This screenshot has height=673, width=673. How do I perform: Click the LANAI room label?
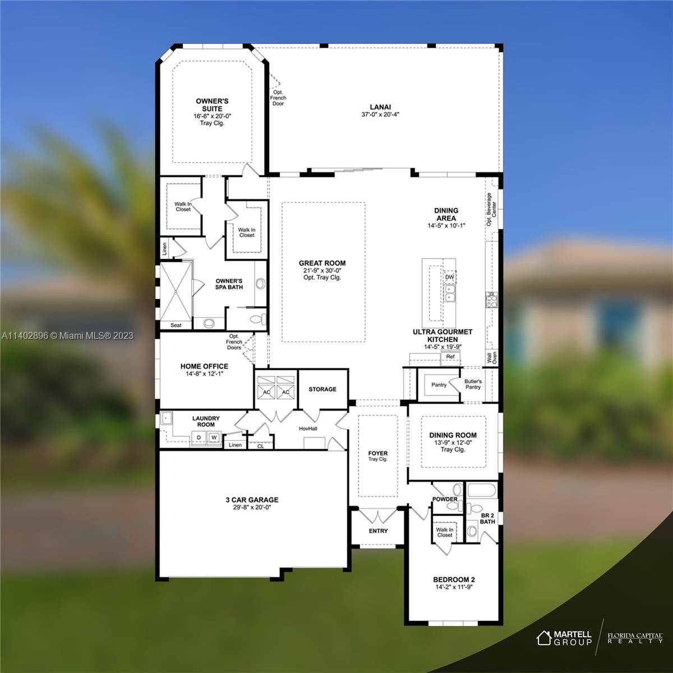pos(380,107)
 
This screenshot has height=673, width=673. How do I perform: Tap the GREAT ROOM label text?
pos(322,263)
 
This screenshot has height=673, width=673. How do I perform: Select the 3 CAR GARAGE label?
pos(252,500)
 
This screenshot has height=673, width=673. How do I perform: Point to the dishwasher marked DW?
pos(449,277)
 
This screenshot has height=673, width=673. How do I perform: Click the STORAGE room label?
pos(322,389)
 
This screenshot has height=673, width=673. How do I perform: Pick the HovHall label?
pos(308,428)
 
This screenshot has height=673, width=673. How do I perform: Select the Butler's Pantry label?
pos(473,384)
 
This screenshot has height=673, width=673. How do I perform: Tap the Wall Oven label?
pos(492,358)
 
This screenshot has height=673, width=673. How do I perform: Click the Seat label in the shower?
pos(176,325)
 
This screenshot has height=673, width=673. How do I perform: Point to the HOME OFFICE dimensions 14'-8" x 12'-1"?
pos(204,374)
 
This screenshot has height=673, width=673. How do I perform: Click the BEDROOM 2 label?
pos(454,579)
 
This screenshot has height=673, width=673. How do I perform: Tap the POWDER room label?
pos(445,499)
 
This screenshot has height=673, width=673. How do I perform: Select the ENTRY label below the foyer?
pos(378,531)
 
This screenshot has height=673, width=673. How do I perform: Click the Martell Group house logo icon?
pos(544,638)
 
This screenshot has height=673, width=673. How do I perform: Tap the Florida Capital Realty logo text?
pos(635,638)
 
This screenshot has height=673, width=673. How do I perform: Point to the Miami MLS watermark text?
pos(68,335)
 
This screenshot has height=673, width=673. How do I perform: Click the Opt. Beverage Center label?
pos(491,209)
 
